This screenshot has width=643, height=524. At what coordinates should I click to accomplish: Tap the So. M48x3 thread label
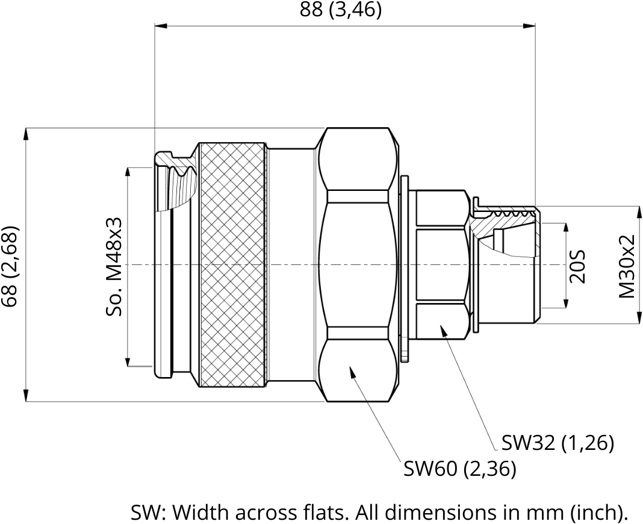point(114,266)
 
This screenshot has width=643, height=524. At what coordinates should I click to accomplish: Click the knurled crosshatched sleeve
point(232,264)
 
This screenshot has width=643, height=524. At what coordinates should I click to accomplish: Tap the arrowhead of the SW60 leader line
point(352,370)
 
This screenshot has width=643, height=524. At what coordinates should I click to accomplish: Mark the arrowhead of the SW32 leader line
point(443,329)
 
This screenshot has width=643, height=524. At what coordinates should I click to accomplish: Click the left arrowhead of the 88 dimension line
point(161,26)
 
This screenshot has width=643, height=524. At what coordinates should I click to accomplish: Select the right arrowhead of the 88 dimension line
point(529,26)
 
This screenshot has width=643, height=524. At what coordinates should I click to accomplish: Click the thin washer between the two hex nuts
point(405,269)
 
